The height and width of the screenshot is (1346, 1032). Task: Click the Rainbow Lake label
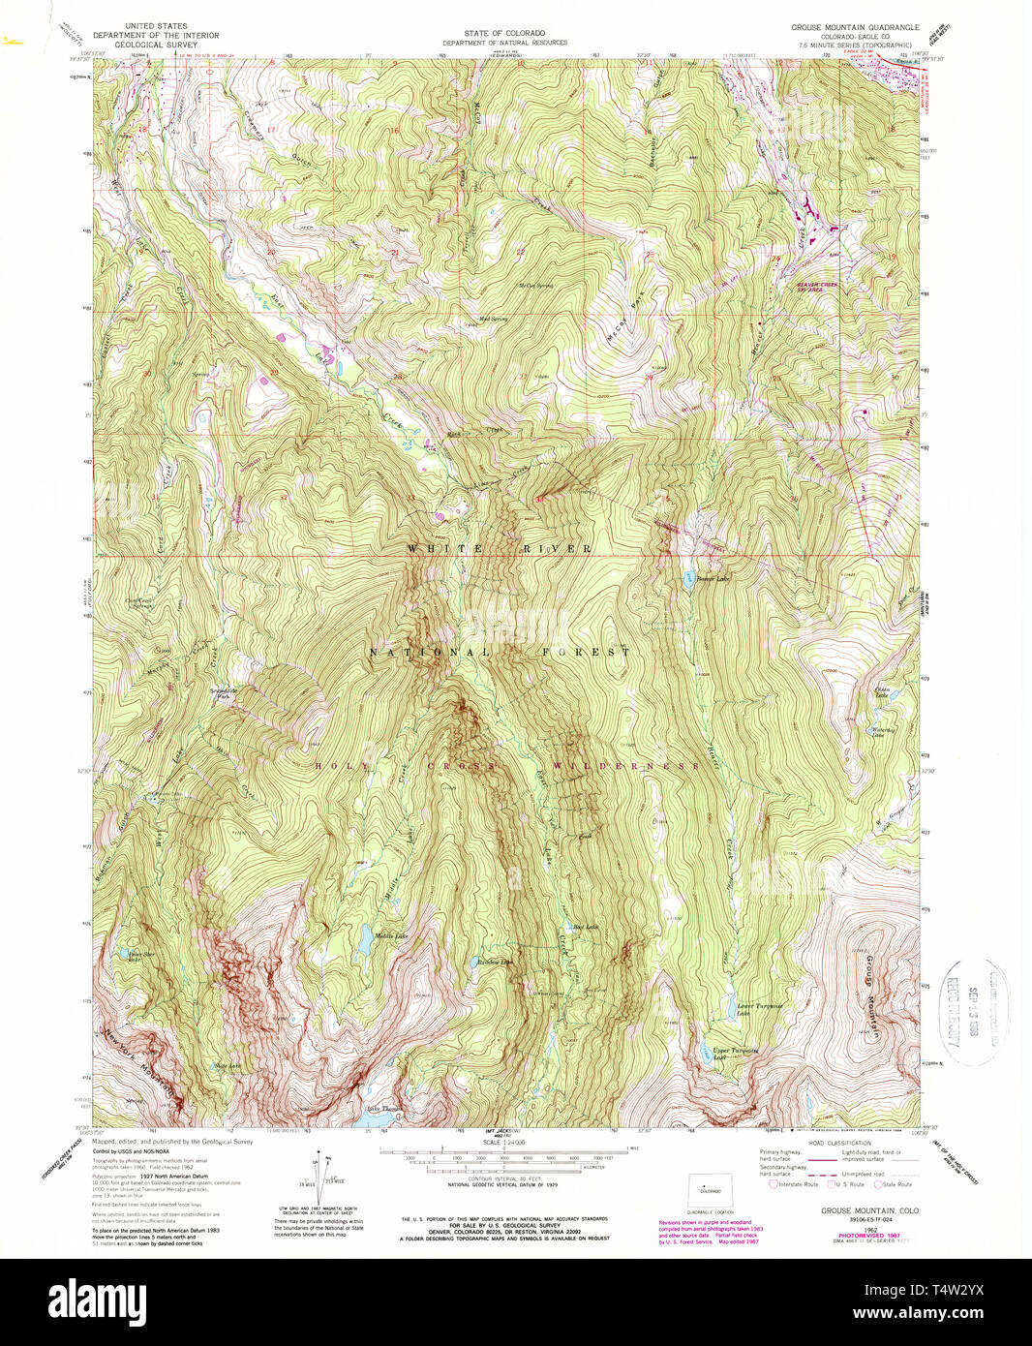coord(494,962)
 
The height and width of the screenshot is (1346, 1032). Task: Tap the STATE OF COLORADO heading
coord(504,33)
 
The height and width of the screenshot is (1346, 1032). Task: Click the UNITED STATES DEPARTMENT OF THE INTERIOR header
coord(156,35)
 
